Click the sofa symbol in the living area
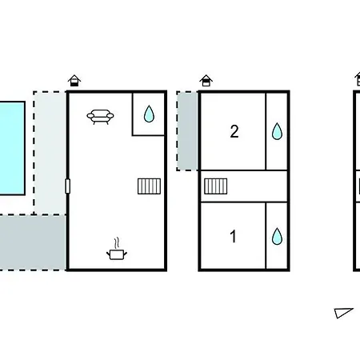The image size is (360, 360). [100, 117]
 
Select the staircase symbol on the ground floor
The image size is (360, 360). [149, 186]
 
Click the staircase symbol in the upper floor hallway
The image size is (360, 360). [216, 186]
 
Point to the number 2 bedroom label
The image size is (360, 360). [234, 131]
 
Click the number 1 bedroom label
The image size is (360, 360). [234, 236]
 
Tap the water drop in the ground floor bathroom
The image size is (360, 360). [149, 114]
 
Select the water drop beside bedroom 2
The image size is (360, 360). [277, 131]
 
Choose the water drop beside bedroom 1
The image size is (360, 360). [277, 236]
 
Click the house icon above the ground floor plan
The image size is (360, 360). [74, 81]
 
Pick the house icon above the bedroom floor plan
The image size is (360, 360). [206, 81]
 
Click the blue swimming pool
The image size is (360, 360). [12, 148]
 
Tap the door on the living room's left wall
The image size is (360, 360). [67, 186]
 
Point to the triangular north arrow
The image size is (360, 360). [344, 313]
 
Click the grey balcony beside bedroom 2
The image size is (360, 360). [187, 131]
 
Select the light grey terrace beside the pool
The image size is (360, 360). [50, 153]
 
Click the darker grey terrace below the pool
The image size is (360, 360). [33, 242]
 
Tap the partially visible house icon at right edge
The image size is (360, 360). [358, 79]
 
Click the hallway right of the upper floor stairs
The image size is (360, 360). [258, 186]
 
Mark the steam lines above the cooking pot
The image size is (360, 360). [116, 243]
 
